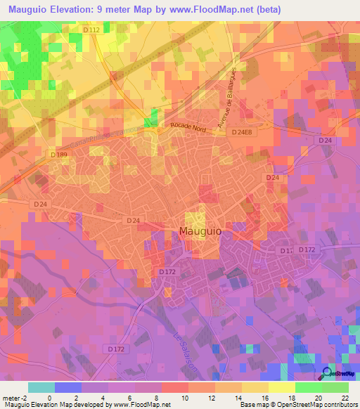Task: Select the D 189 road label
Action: (58, 154)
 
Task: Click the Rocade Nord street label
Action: (188, 127)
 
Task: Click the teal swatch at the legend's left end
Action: (41, 387)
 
